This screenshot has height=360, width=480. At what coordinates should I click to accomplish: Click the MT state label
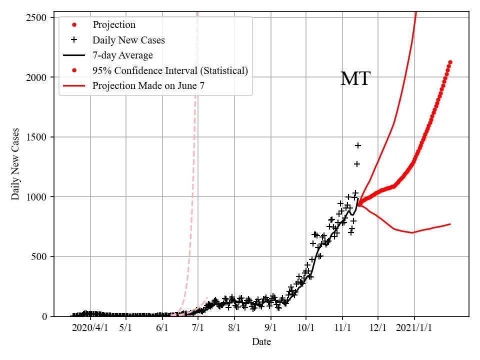[355, 79]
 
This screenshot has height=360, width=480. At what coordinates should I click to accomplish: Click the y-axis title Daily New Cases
[15, 164]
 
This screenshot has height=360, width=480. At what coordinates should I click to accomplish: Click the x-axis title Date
[261, 342]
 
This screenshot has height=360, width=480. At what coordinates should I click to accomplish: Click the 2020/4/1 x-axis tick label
[90, 328]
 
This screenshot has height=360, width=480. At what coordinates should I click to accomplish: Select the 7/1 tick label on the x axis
[198, 328]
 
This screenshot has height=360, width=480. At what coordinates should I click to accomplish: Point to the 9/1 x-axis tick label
[271, 328]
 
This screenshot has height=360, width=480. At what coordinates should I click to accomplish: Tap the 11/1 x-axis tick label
[342, 328]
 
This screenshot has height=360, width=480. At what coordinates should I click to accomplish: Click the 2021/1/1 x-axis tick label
[414, 328]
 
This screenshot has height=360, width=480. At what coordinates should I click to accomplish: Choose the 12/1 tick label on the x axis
[378, 328]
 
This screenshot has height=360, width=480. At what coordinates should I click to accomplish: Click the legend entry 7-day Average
[122, 55]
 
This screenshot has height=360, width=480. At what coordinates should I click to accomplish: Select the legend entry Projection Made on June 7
[148, 86]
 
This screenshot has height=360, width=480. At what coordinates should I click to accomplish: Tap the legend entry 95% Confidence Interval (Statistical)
[170, 70]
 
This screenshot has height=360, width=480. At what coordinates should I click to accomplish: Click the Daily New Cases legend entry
[128, 39]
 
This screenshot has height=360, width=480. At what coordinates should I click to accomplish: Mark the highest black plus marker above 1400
[358, 145]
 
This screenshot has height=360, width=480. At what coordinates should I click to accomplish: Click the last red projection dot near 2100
[450, 62]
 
